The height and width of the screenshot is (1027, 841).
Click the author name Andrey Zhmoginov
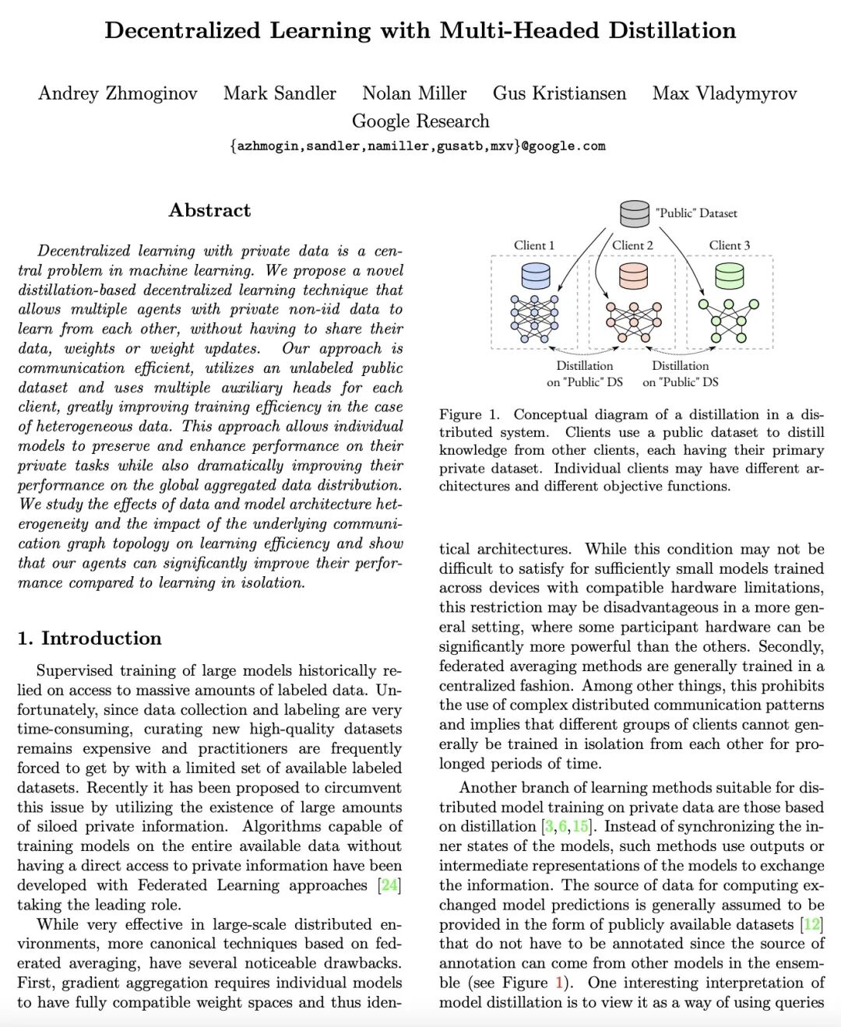(118, 93)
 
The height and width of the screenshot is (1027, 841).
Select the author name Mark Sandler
(280, 93)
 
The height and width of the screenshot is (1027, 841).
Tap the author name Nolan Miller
(414, 93)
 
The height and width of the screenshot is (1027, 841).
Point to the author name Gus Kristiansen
(559, 93)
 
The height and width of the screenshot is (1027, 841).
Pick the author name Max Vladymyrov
(724, 93)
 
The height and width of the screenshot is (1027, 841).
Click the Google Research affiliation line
(420, 121)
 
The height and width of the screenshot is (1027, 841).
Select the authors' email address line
(417, 146)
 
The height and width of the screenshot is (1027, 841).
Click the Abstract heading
(209, 210)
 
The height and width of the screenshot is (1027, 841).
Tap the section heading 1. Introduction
(90, 638)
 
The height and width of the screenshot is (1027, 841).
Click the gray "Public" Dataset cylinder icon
(635, 213)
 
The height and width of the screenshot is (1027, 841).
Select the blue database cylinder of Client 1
(535, 276)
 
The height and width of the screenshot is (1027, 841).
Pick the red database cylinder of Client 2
(633, 276)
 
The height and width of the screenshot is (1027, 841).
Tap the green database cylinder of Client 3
(729, 276)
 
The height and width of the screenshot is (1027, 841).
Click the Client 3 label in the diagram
(730, 245)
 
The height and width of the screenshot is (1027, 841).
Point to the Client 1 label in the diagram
(534, 245)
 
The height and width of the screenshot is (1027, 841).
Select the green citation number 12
(812, 924)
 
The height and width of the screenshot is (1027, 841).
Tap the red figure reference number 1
(558, 983)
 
